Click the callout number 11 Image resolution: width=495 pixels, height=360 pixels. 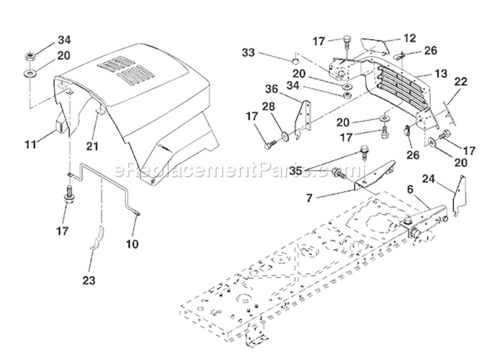[x=30, y=145]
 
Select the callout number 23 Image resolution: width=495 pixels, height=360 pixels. [x=88, y=280]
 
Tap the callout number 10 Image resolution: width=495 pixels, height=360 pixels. [x=132, y=244]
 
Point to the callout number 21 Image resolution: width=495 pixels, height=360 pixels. [x=92, y=146]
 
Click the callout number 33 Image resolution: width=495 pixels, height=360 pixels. [x=248, y=52]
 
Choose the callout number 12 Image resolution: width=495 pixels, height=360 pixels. [x=410, y=38]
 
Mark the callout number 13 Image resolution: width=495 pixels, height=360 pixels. [x=441, y=73]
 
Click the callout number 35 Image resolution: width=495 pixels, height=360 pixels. [x=296, y=171]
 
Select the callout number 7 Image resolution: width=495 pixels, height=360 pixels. [x=310, y=198]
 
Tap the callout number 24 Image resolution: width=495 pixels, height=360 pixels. [x=429, y=179]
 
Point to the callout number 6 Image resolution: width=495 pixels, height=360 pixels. [x=410, y=190]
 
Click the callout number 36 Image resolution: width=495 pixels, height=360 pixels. [x=271, y=89]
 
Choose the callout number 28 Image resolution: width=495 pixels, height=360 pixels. [x=269, y=106]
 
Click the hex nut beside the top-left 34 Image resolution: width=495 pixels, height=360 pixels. [x=30, y=57]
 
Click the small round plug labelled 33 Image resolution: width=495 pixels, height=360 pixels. [x=296, y=61]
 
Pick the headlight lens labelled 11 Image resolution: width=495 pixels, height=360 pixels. [x=60, y=124]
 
